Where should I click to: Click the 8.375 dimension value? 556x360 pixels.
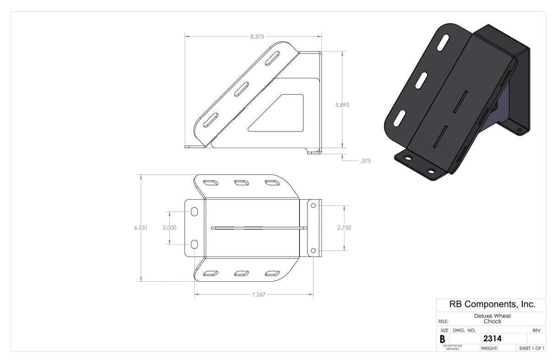point(257,36)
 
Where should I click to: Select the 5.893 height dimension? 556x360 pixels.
point(342,104)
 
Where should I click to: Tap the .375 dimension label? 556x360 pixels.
point(365,161)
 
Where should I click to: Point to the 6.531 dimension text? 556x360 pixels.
point(141,228)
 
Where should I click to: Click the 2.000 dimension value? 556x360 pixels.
point(169,228)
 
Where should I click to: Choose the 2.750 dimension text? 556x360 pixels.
point(343,228)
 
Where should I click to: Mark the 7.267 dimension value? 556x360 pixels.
point(258,295)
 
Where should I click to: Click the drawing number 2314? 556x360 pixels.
point(492,339)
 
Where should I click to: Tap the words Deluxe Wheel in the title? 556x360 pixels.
point(492,316)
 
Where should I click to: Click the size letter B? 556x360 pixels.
point(442,339)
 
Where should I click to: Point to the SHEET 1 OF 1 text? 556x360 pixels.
point(531,349)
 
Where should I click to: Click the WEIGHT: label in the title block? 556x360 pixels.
point(489,349)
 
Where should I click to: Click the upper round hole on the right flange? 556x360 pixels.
point(313,207)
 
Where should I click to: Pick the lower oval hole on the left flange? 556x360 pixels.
point(194,244)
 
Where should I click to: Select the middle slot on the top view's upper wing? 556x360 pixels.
point(241,183)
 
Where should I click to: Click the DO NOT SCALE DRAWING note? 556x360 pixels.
point(452,347)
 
